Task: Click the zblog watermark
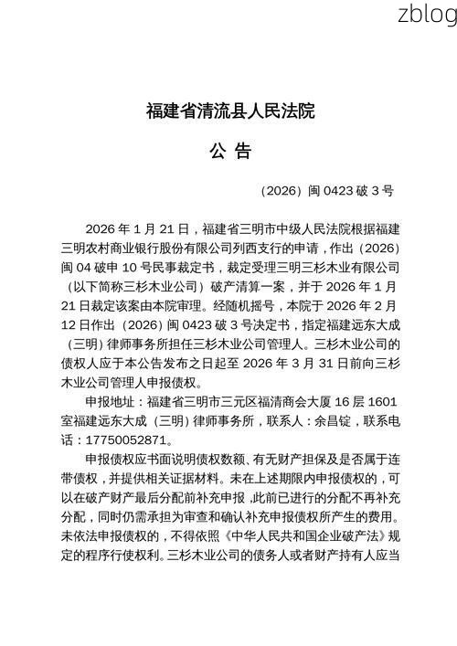coord(427,14)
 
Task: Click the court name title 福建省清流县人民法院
coord(229,112)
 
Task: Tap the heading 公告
coord(229,150)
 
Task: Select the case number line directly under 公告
coord(326,191)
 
